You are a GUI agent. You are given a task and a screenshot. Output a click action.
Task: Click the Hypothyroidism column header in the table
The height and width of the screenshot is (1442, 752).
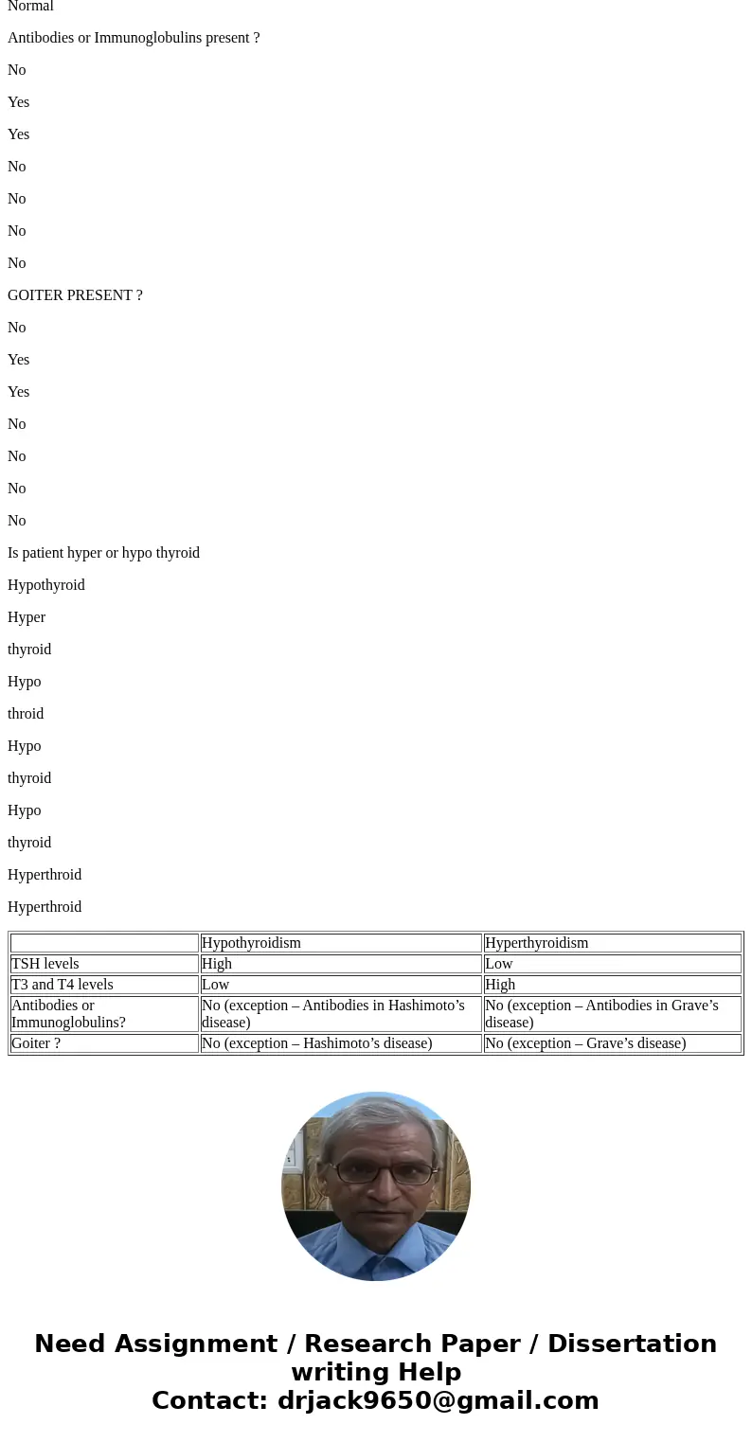pos(251,943)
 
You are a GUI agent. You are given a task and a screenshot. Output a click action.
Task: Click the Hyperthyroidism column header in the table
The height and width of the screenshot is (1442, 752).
pos(536,943)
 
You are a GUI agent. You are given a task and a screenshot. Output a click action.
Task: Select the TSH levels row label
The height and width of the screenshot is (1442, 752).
pos(45,964)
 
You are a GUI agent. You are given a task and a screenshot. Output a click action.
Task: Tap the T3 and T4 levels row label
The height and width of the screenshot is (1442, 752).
pos(63,985)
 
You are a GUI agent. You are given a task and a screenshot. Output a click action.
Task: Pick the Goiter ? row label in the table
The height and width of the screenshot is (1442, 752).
pos(36,1043)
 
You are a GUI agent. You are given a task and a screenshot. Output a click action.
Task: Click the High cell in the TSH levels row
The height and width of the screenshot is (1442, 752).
pos(217,964)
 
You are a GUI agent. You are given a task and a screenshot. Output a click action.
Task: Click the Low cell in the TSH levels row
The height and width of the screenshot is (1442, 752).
pos(499,964)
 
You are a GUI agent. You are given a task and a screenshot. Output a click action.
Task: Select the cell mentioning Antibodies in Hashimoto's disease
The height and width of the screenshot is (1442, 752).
pos(333,1013)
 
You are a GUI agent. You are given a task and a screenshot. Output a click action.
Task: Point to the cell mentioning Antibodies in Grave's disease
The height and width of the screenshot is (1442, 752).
pos(601,1013)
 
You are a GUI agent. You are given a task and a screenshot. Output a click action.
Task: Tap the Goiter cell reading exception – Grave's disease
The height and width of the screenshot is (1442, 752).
pos(585,1043)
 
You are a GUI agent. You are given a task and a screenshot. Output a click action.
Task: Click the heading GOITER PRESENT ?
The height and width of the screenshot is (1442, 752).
pos(75,295)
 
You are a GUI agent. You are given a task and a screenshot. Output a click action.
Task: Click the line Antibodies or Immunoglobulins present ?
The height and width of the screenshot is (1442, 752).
pos(134,38)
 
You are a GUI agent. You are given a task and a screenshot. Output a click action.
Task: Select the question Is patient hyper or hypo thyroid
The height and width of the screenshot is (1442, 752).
pos(103,553)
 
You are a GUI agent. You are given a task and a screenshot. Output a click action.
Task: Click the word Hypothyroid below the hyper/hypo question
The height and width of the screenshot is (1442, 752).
pos(46,585)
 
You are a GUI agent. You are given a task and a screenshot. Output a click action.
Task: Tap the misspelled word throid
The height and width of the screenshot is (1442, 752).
pos(26,714)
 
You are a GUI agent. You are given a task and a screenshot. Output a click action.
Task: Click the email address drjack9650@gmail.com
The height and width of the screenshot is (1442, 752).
pos(438,1401)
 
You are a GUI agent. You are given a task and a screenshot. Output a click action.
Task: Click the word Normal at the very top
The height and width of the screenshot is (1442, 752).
pos(30,7)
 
